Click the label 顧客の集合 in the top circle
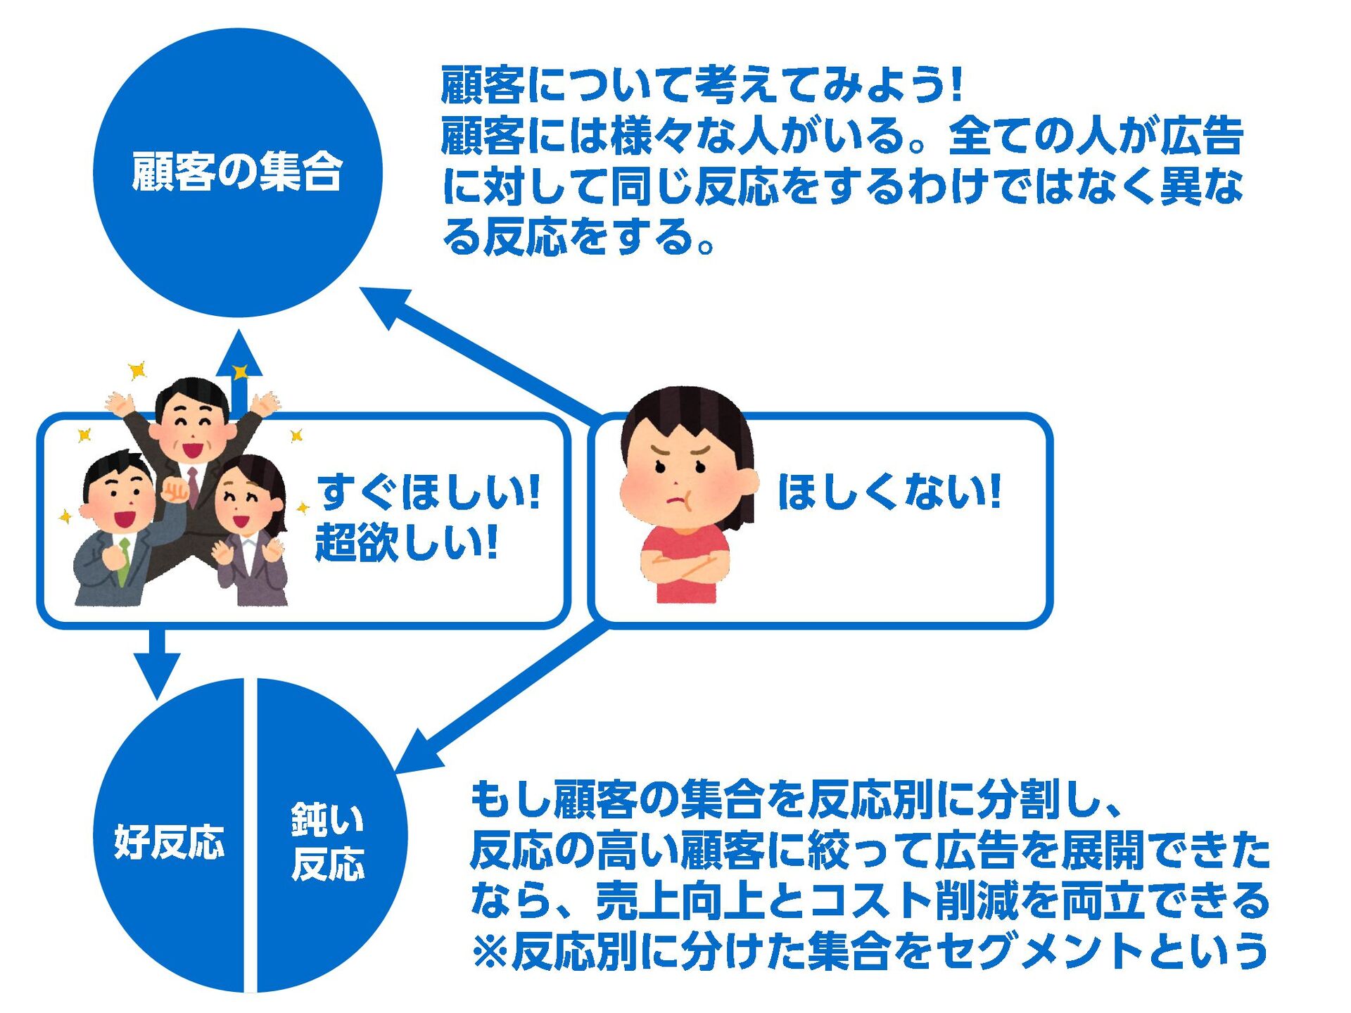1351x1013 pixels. click(237, 172)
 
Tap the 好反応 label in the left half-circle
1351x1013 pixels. click(169, 841)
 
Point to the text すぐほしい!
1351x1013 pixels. click(429, 492)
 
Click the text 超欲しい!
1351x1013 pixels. click(407, 542)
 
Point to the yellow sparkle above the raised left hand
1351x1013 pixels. click(137, 370)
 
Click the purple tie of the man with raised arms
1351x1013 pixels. click(193, 484)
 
